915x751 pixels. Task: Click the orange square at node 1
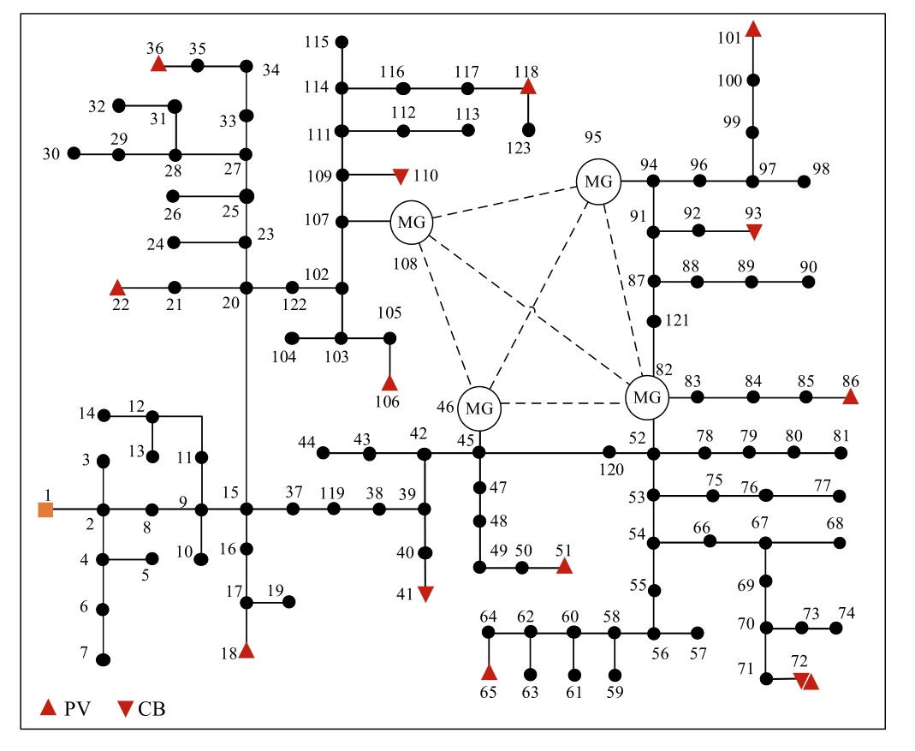pyautogui.click(x=45, y=510)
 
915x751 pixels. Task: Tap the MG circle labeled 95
pyautogui.click(x=598, y=182)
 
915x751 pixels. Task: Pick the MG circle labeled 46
pyautogui.click(x=478, y=408)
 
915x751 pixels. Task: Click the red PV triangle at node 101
pyautogui.click(x=753, y=30)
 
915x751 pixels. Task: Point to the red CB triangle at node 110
pyautogui.click(x=401, y=177)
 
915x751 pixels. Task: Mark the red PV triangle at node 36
pyautogui.click(x=158, y=64)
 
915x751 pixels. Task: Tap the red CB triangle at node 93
pyautogui.click(x=754, y=231)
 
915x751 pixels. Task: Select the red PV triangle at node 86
pyautogui.click(x=850, y=396)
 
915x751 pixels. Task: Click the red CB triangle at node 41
pyautogui.click(x=425, y=593)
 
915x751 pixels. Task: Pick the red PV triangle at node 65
pyautogui.click(x=489, y=671)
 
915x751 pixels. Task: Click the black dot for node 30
pyautogui.click(x=74, y=153)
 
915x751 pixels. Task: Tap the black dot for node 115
pyautogui.click(x=342, y=42)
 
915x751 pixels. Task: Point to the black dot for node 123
pyautogui.click(x=528, y=129)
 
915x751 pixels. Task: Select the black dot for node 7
pyautogui.click(x=104, y=659)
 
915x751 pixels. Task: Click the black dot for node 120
pyautogui.click(x=609, y=451)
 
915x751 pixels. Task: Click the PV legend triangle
pyautogui.click(x=50, y=707)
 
